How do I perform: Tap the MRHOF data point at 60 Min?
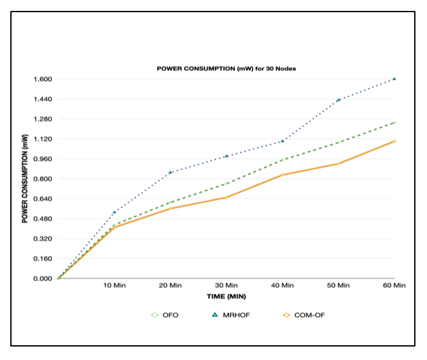pyautogui.click(x=394, y=79)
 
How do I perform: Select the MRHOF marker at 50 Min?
pyautogui.click(x=339, y=100)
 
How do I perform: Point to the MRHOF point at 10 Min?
pyautogui.click(x=114, y=212)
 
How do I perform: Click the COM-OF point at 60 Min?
pyautogui.click(x=394, y=141)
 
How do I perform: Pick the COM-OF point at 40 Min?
pyautogui.click(x=283, y=175)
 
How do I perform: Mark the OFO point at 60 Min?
pyautogui.click(x=394, y=123)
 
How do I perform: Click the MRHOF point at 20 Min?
pyautogui.click(x=170, y=173)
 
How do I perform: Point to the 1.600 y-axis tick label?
pyautogui.click(x=43, y=79)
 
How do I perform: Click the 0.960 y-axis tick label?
pyautogui.click(x=43, y=159)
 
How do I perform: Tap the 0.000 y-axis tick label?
pyautogui.click(x=43, y=279)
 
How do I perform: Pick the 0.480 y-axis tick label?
pyautogui.click(x=43, y=219)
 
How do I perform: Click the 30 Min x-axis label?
pyautogui.click(x=226, y=285)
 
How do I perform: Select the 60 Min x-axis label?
pyautogui.click(x=394, y=285)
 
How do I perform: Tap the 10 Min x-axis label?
pyautogui.click(x=114, y=285)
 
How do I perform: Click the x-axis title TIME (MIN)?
pyautogui.click(x=226, y=296)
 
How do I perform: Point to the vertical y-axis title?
pyautogui.click(x=25, y=179)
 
